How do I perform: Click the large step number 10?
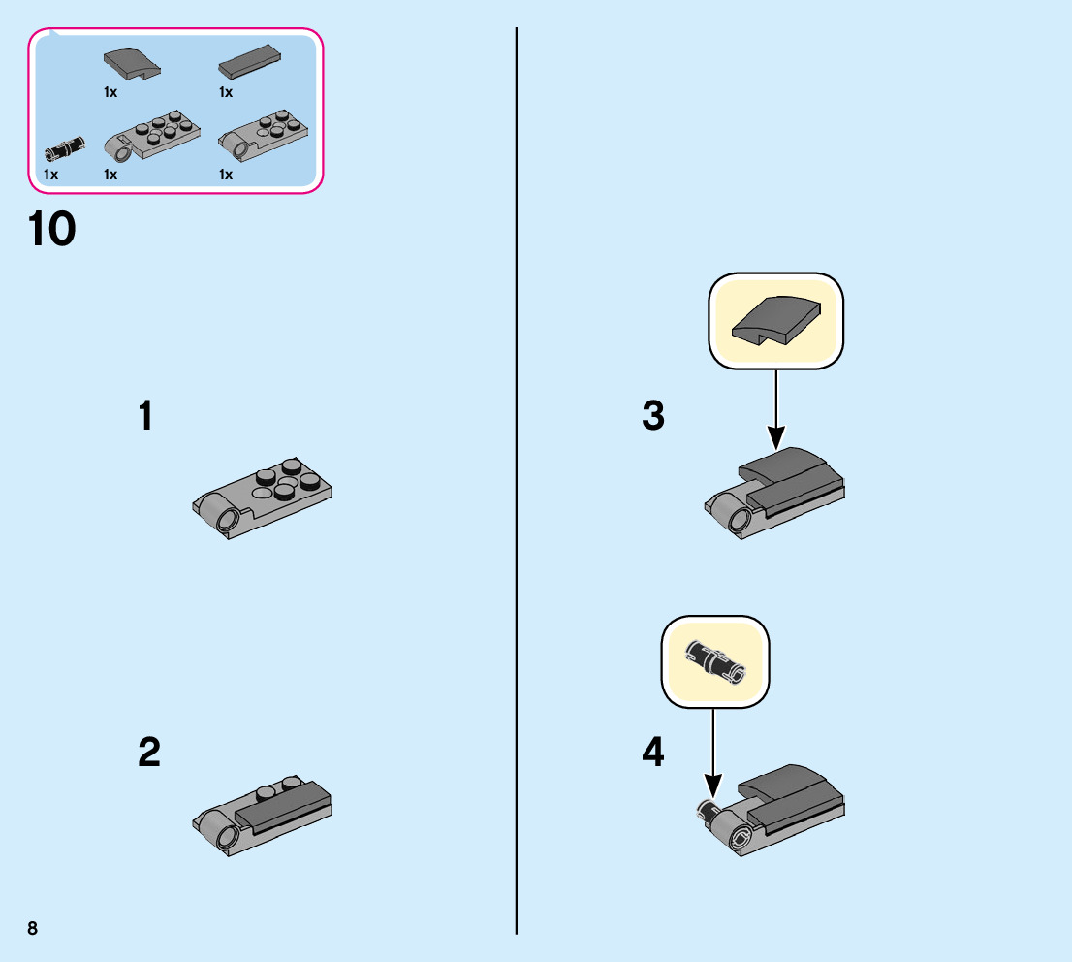point(52,231)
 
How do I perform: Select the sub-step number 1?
point(145,417)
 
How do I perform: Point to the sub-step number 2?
point(148,753)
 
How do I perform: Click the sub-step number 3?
point(653,417)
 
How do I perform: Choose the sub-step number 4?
point(653,753)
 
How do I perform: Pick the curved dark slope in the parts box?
point(131,64)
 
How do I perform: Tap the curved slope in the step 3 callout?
point(776,320)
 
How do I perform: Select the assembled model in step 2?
point(264,813)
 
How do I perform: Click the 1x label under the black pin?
point(51,175)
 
